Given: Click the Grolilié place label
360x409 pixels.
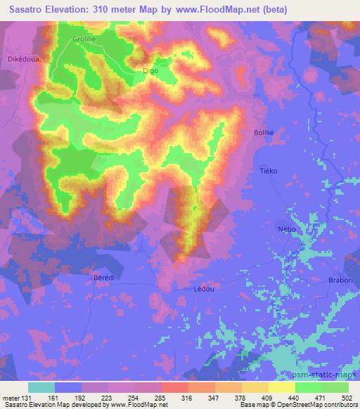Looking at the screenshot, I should pos(84,40).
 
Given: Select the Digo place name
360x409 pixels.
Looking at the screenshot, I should pos(150,71).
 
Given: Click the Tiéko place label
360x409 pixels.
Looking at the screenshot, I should pos(269,171).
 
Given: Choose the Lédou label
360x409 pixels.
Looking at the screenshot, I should pos(202,288).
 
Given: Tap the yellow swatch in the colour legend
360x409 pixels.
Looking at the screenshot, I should pos(282,387).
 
